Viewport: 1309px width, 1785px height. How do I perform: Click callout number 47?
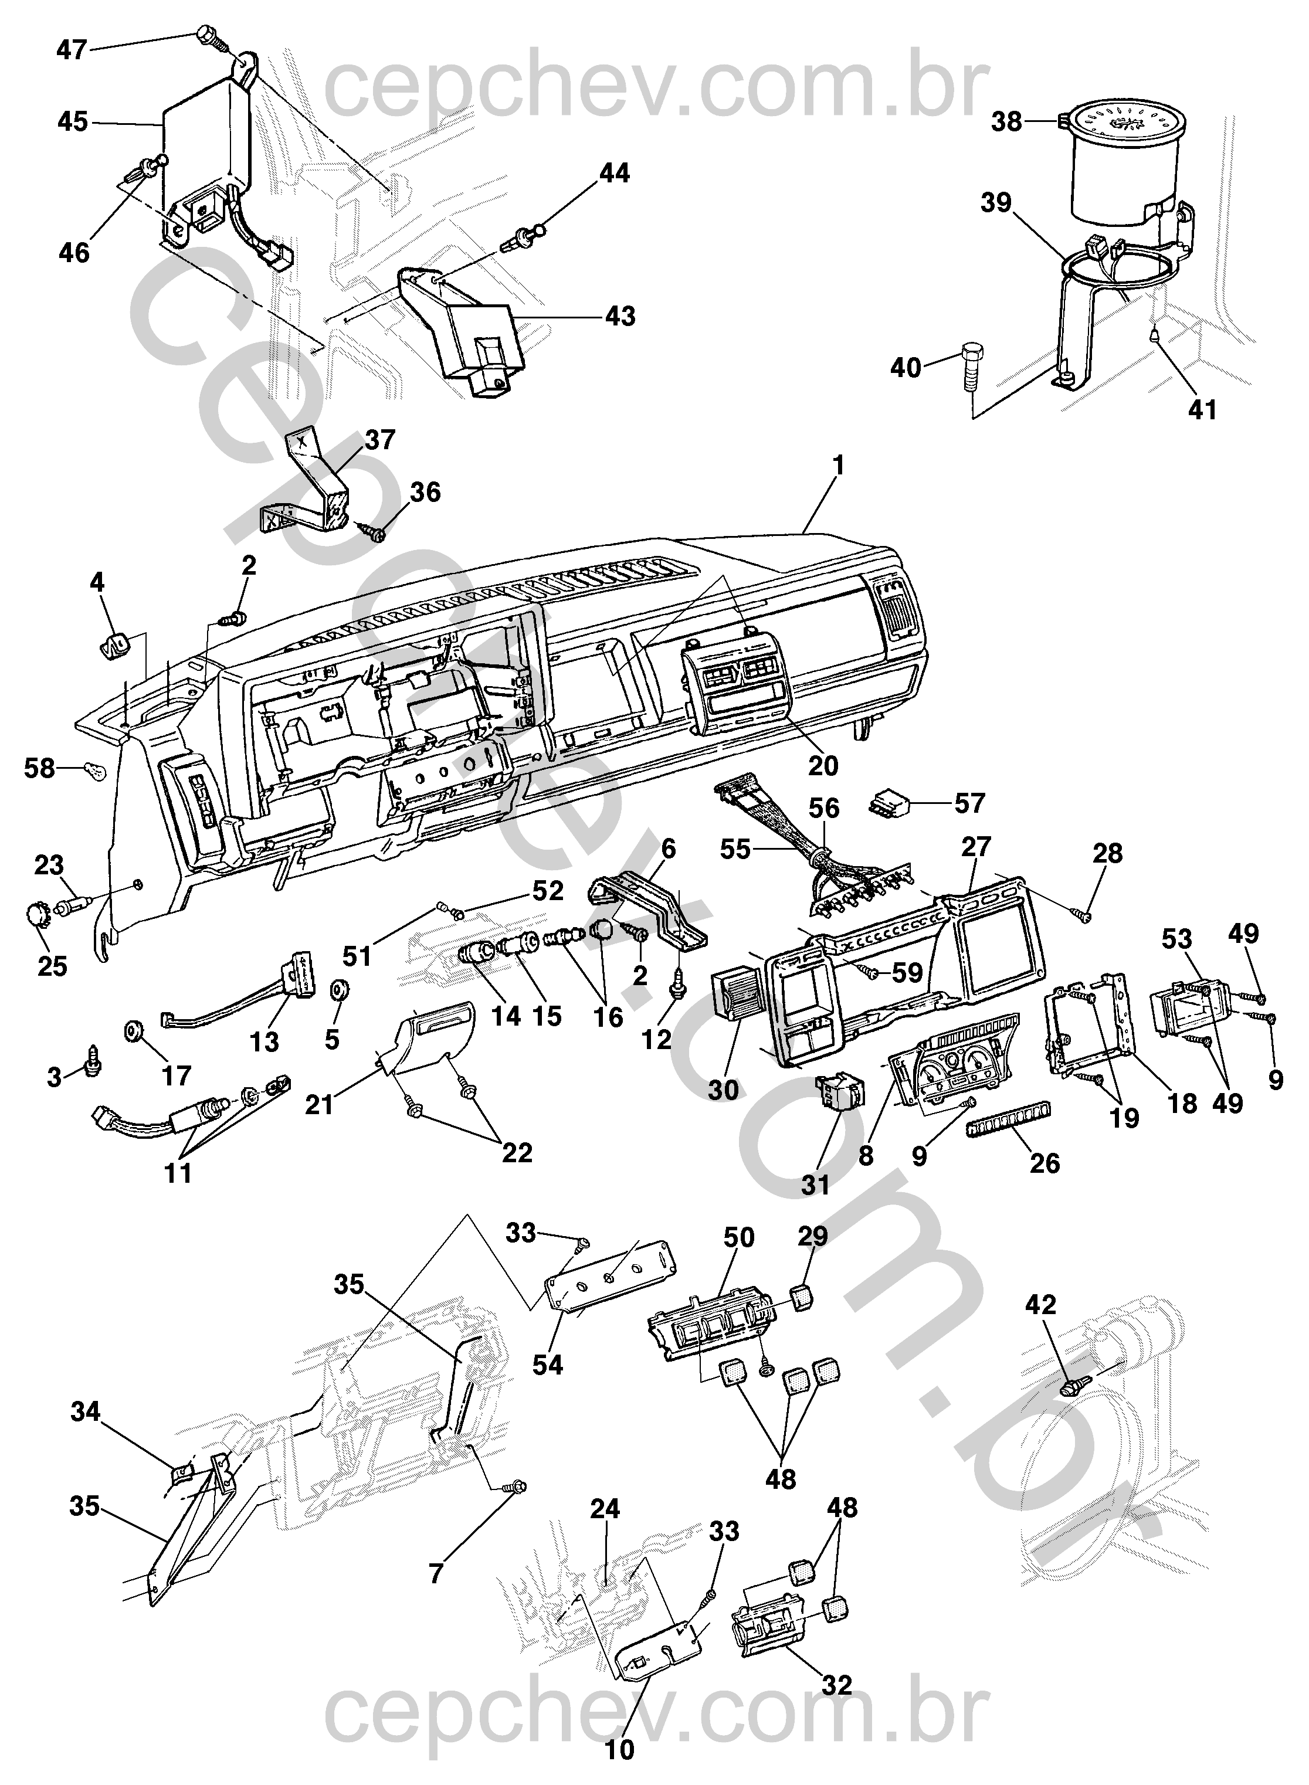[x=72, y=50]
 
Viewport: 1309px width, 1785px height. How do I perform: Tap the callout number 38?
[x=1008, y=122]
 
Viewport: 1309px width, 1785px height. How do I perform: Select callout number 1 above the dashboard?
[x=838, y=466]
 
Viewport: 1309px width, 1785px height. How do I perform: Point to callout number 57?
[x=969, y=803]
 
